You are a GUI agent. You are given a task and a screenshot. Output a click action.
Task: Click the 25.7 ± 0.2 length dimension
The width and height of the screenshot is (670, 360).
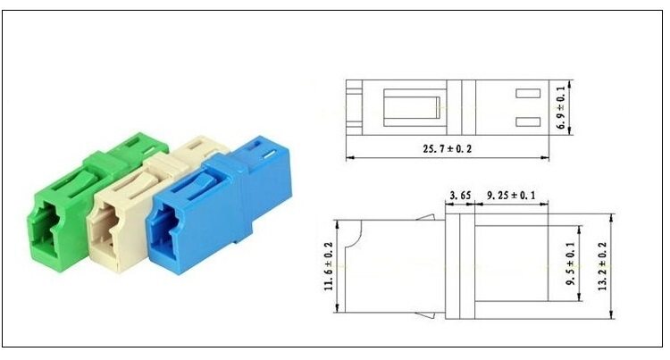[448, 148]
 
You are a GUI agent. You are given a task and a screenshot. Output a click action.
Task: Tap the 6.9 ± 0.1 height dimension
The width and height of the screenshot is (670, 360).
[561, 107]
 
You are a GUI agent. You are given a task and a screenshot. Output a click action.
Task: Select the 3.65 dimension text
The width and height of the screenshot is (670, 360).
[460, 196]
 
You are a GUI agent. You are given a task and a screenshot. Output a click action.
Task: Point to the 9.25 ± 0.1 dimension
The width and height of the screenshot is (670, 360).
[511, 195]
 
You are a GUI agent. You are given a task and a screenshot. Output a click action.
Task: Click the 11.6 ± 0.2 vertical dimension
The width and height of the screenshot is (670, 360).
[329, 266]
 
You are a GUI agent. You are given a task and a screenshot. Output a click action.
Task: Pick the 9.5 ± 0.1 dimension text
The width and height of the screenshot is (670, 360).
[571, 264]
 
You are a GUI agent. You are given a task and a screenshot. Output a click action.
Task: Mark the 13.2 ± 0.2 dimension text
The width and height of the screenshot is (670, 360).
[602, 266]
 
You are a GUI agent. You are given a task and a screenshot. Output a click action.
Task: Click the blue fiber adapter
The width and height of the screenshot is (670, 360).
[219, 205]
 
